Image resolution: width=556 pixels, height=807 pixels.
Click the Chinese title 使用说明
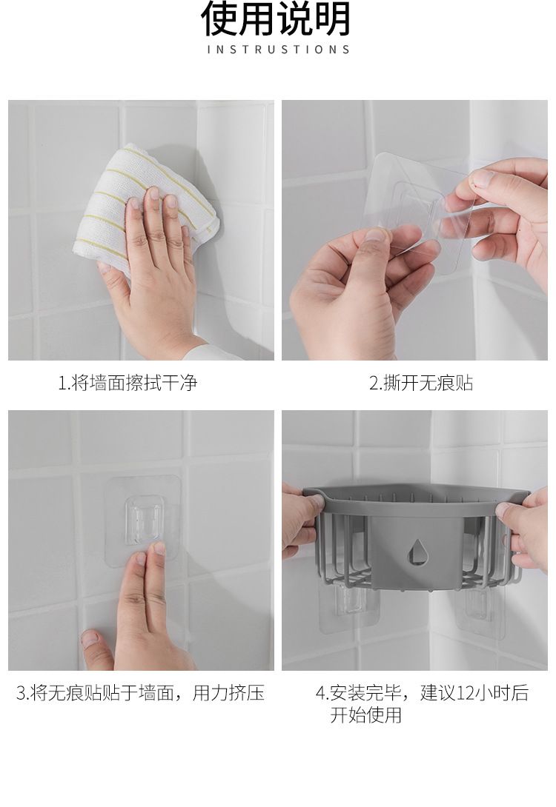point(277,19)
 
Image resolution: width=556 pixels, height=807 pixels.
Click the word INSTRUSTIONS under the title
point(278,50)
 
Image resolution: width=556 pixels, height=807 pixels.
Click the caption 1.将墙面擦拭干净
point(128,383)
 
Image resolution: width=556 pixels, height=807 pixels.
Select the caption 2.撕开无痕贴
point(421,383)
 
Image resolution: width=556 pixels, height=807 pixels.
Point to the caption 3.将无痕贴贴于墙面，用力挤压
point(140,693)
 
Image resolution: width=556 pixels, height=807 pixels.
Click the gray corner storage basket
point(415,538)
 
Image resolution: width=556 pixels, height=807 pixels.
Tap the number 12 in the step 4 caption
point(464,693)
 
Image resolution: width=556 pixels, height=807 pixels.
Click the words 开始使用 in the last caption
point(366,715)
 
